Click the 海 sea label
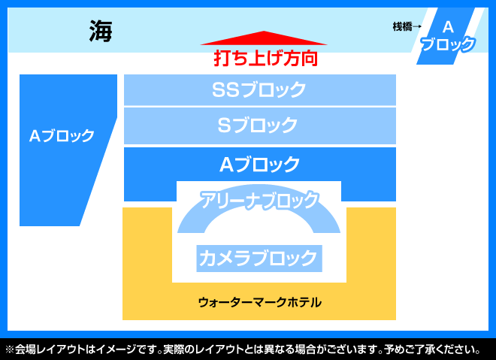(x=101, y=31)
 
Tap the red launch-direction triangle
(x=264, y=38)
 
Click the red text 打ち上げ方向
(x=266, y=58)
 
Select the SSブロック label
(x=259, y=89)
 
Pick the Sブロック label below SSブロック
(x=258, y=125)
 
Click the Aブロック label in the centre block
(x=260, y=164)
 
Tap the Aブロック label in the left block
(x=62, y=136)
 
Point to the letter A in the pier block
(x=448, y=27)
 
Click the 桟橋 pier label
(x=402, y=26)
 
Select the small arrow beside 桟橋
(x=417, y=26)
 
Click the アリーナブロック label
(x=259, y=200)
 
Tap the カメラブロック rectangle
(x=259, y=258)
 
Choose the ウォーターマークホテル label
(x=260, y=302)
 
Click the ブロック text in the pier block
(x=448, y=44)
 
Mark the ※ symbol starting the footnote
(x=10, y=349)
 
